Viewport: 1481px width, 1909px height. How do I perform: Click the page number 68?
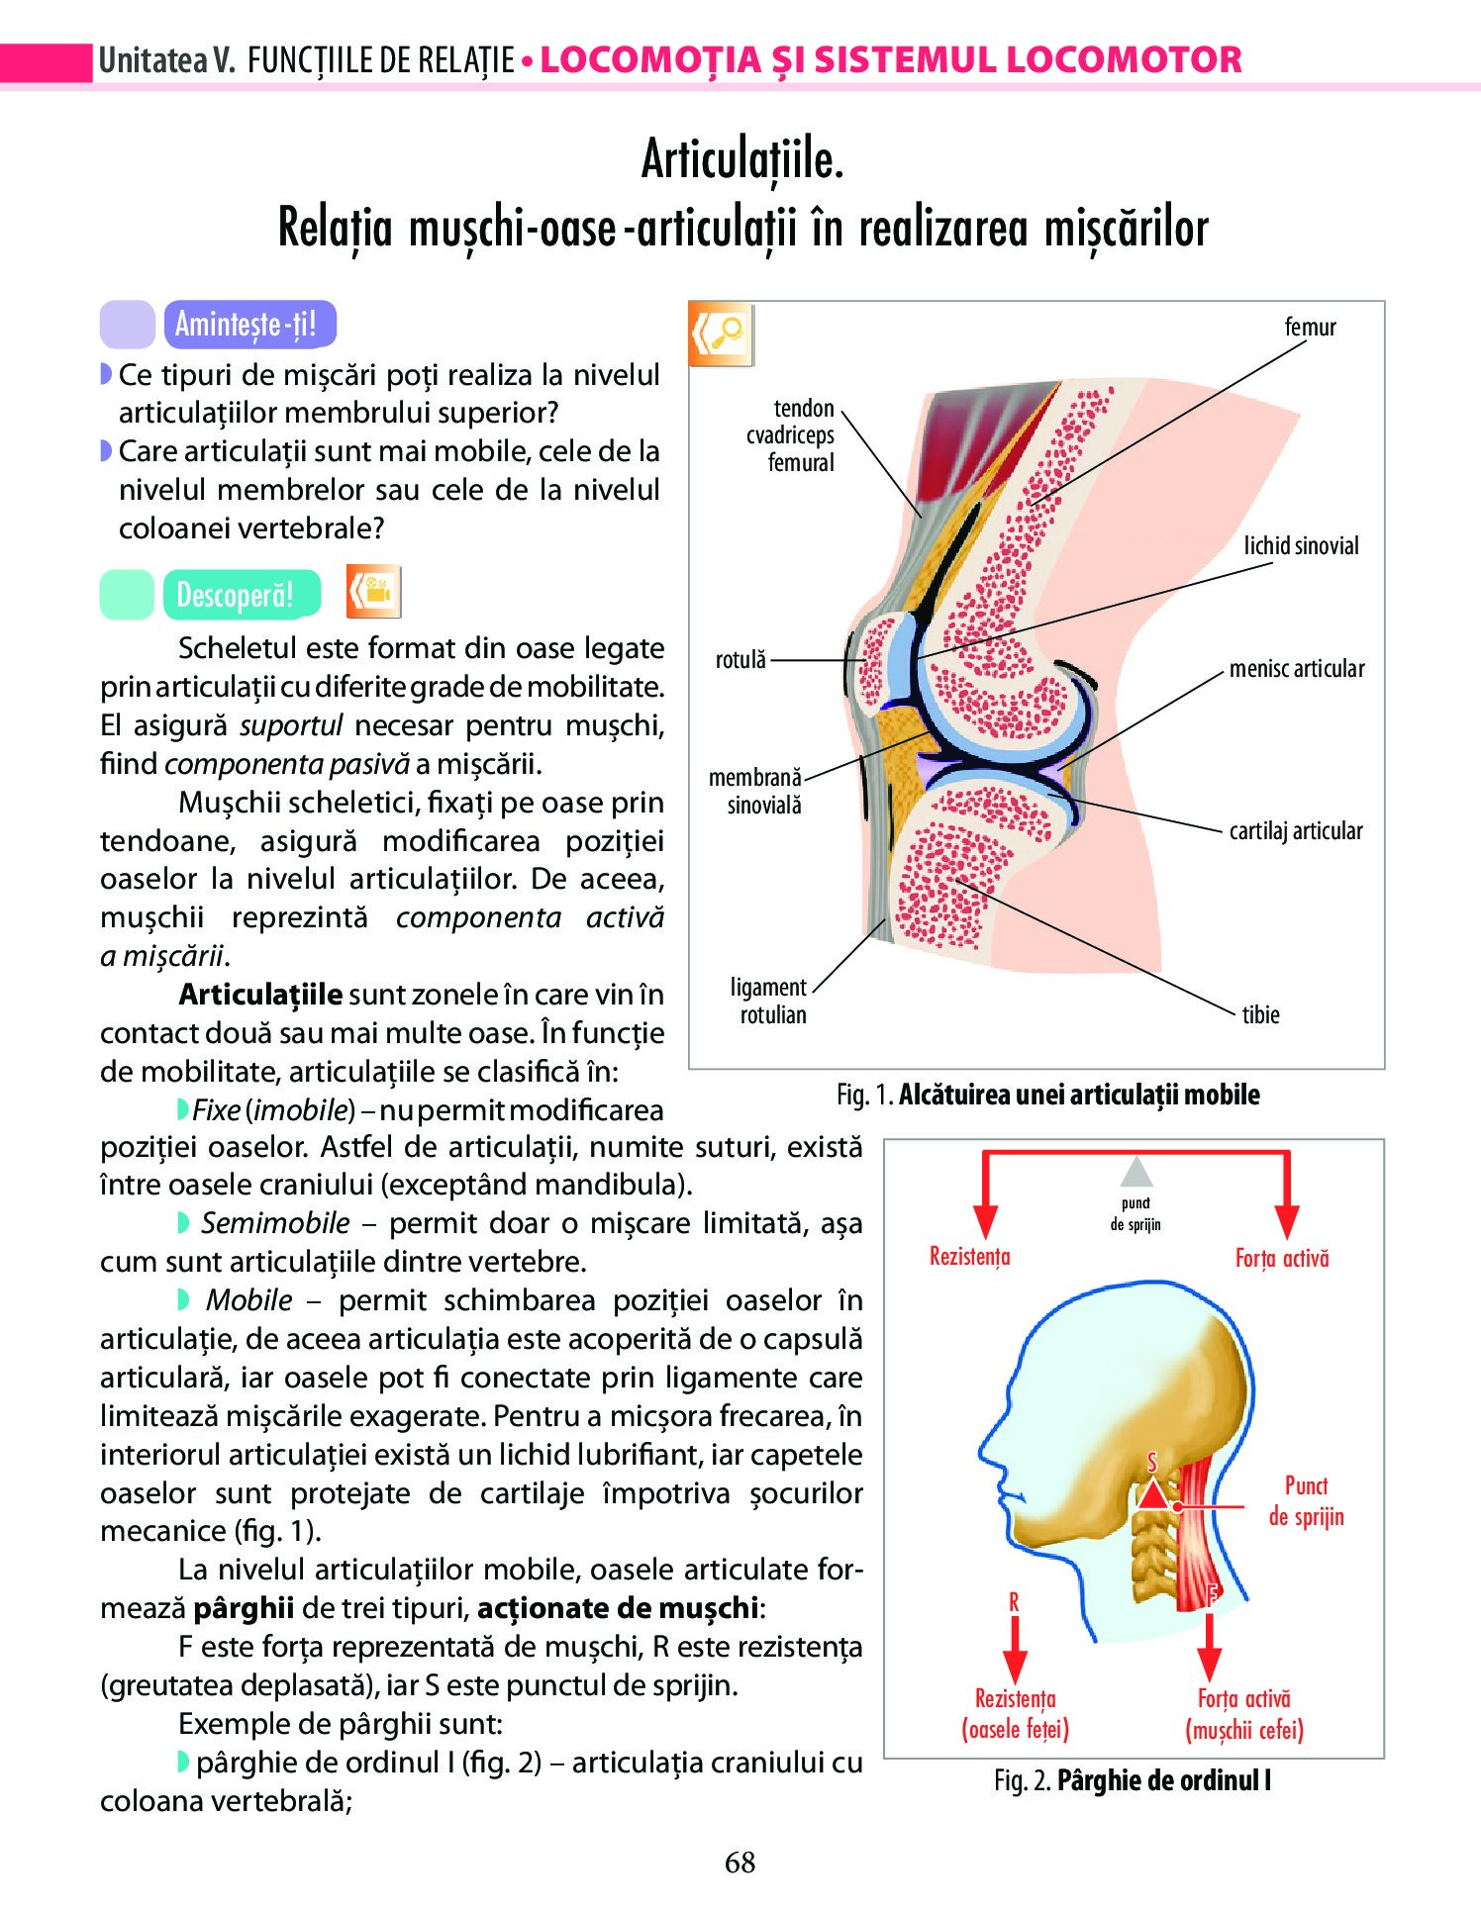tap(740, 1862)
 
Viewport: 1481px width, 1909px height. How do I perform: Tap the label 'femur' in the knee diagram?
tap(1310, 328)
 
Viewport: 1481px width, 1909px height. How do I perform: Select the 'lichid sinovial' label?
tap(1301, 546)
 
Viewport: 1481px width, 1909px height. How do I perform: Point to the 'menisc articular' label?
tap(1296, 669)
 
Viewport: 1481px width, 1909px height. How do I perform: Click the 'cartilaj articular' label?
tap(1295, 831)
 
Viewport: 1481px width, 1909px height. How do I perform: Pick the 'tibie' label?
tap(1260, 1014)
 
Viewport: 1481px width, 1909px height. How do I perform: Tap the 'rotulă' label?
tap(740, 660)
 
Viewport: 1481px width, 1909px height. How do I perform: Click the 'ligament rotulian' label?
tap(769, 1001)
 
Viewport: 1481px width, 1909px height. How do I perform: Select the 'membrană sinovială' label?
tap(756, 791)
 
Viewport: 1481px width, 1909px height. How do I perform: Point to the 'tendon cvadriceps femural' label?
tap(791, 435)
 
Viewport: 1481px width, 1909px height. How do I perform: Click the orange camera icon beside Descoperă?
tap(373, 592)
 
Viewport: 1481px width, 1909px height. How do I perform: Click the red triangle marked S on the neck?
tap(1152, 1495)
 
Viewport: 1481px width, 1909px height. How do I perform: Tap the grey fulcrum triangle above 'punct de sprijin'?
tap(1136, 1174)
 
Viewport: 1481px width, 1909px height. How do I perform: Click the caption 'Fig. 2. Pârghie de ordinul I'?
tap(1133, 1780)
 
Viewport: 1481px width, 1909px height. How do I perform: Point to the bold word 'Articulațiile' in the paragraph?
tap(260, 995)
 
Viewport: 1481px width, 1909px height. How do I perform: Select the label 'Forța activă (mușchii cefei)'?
tap(1244, 1714)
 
